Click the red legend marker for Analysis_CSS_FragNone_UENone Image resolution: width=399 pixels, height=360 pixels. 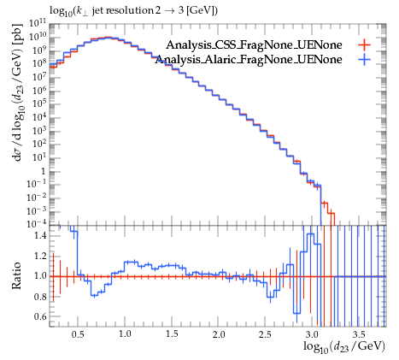[x=364, y=44]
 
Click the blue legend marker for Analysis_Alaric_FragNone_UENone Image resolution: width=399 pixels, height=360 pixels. [x=364, y=59]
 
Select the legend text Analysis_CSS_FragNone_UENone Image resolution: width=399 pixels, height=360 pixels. [x=254, y=45]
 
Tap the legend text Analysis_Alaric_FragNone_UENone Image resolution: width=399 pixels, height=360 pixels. [x=249, y=60]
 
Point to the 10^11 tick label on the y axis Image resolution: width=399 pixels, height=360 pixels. [x=38, y=23]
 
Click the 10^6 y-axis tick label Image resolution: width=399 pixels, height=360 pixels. [x=39, y=90]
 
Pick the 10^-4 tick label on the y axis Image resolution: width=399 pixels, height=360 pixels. [x=37, y=223]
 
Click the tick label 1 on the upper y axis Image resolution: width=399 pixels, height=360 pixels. [x=44, y=171]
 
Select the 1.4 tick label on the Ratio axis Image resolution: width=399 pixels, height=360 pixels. [x=40, y=235]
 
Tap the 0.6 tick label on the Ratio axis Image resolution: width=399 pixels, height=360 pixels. [x=40, y=316]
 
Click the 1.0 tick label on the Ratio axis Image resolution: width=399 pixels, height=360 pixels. [x=40, y=276]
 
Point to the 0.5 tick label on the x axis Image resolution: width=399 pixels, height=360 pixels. [x=78, y=333]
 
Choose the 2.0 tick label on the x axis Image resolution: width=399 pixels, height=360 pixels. [x=218, y=333]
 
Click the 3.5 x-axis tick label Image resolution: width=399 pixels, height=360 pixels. [x=359, y=333]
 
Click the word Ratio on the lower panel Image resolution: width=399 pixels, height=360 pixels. [x=16, y=275]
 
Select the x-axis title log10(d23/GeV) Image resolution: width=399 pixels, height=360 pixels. [x=344, y=346]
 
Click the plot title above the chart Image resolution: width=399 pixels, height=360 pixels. [x=134, y=11]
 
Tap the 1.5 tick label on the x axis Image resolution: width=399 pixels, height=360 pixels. [x=172, y=333]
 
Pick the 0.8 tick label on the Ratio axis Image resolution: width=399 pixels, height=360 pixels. [x=40, y=297]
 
